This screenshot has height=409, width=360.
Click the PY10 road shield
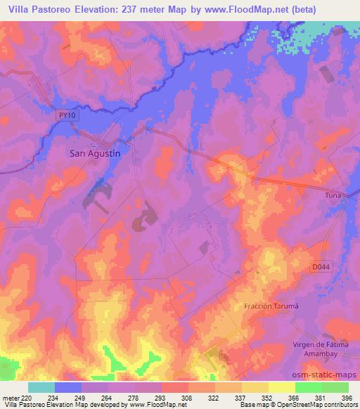pyautogui.click(x=66, y=114)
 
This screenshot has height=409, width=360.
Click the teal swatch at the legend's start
pyautogui.click(x=41, y=387)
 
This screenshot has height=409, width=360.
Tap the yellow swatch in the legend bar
pyautogui.click(x=281, y=387)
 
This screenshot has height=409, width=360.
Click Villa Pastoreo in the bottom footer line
pyautogui.click(x=21, y=405)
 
